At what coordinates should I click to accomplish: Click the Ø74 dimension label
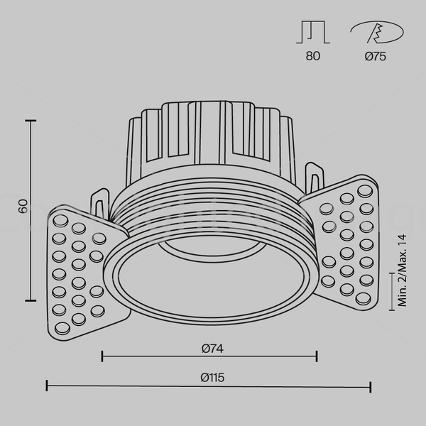(212, 349)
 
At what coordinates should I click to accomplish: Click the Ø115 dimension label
(212, 378)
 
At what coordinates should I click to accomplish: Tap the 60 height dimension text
(23, 206)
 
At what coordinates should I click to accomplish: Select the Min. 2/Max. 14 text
(402, 271)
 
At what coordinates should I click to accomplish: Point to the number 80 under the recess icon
(312, 56)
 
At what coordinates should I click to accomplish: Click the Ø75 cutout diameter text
(375, 56)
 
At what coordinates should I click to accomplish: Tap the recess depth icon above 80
(313, 32)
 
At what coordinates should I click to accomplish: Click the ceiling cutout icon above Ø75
(377, 32)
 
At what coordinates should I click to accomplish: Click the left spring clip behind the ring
(100, 204)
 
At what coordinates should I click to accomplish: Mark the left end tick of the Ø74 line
(102, 356)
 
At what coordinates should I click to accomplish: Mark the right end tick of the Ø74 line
(317, 356)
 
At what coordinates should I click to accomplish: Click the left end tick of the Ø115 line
(47, 386)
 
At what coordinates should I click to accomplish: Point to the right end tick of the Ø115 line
(371, 387)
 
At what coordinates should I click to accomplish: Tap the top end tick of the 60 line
(31, 121)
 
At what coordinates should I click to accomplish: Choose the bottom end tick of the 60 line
(31, 300)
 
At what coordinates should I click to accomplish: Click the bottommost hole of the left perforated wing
(62, 329)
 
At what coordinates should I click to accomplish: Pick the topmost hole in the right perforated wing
(365, 191)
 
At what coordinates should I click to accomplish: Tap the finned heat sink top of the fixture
(211, 141)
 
